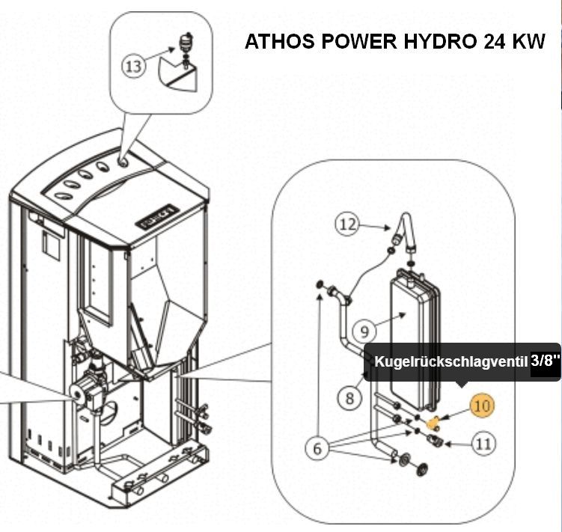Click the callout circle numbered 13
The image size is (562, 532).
point(133,67)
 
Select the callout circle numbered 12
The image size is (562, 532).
point(347,224)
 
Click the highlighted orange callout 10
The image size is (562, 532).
point(483,406)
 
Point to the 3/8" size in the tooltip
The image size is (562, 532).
point(546,361)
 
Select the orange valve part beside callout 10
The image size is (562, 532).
point(432,422)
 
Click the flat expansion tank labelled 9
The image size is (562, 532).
point(413,329)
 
